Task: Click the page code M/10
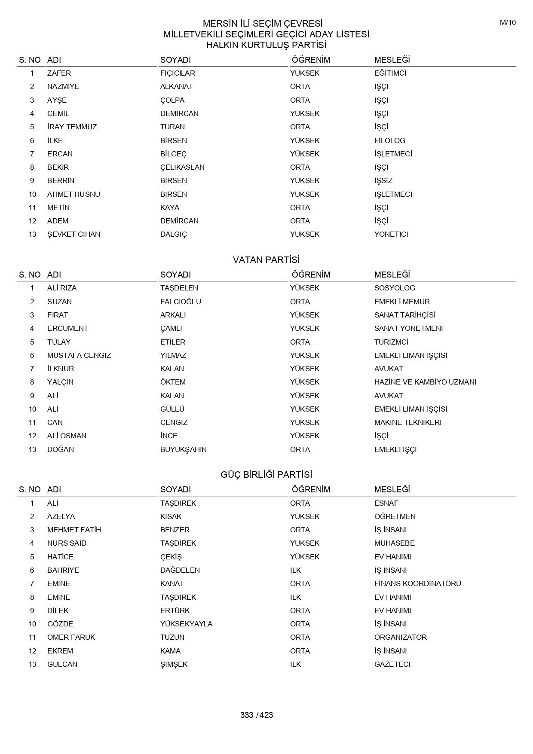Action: (508, 23)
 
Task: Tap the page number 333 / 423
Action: (257, 715)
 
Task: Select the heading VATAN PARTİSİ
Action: (266, 260)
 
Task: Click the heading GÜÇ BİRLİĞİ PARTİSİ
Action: (266, 475)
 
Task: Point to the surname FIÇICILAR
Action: (178, 73)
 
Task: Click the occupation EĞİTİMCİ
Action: (390, 73)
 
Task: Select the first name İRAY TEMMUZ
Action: (72, 127)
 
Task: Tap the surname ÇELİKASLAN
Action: (182, 167)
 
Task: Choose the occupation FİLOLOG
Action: (389, 140)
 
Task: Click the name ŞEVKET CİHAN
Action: (74, 234)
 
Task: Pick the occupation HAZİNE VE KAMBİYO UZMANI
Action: (425, 382)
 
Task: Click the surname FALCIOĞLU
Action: (181, 302)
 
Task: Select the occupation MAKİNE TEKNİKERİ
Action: (407, 422)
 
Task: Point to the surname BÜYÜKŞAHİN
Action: (183, 449)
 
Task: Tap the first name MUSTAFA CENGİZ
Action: (79, 355)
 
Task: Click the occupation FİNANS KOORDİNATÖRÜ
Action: (417, 583)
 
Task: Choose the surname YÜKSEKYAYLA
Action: (186, 624)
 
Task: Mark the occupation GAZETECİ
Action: (392, 664)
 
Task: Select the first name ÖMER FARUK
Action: (71, 637)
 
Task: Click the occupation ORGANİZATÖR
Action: (400, 637)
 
